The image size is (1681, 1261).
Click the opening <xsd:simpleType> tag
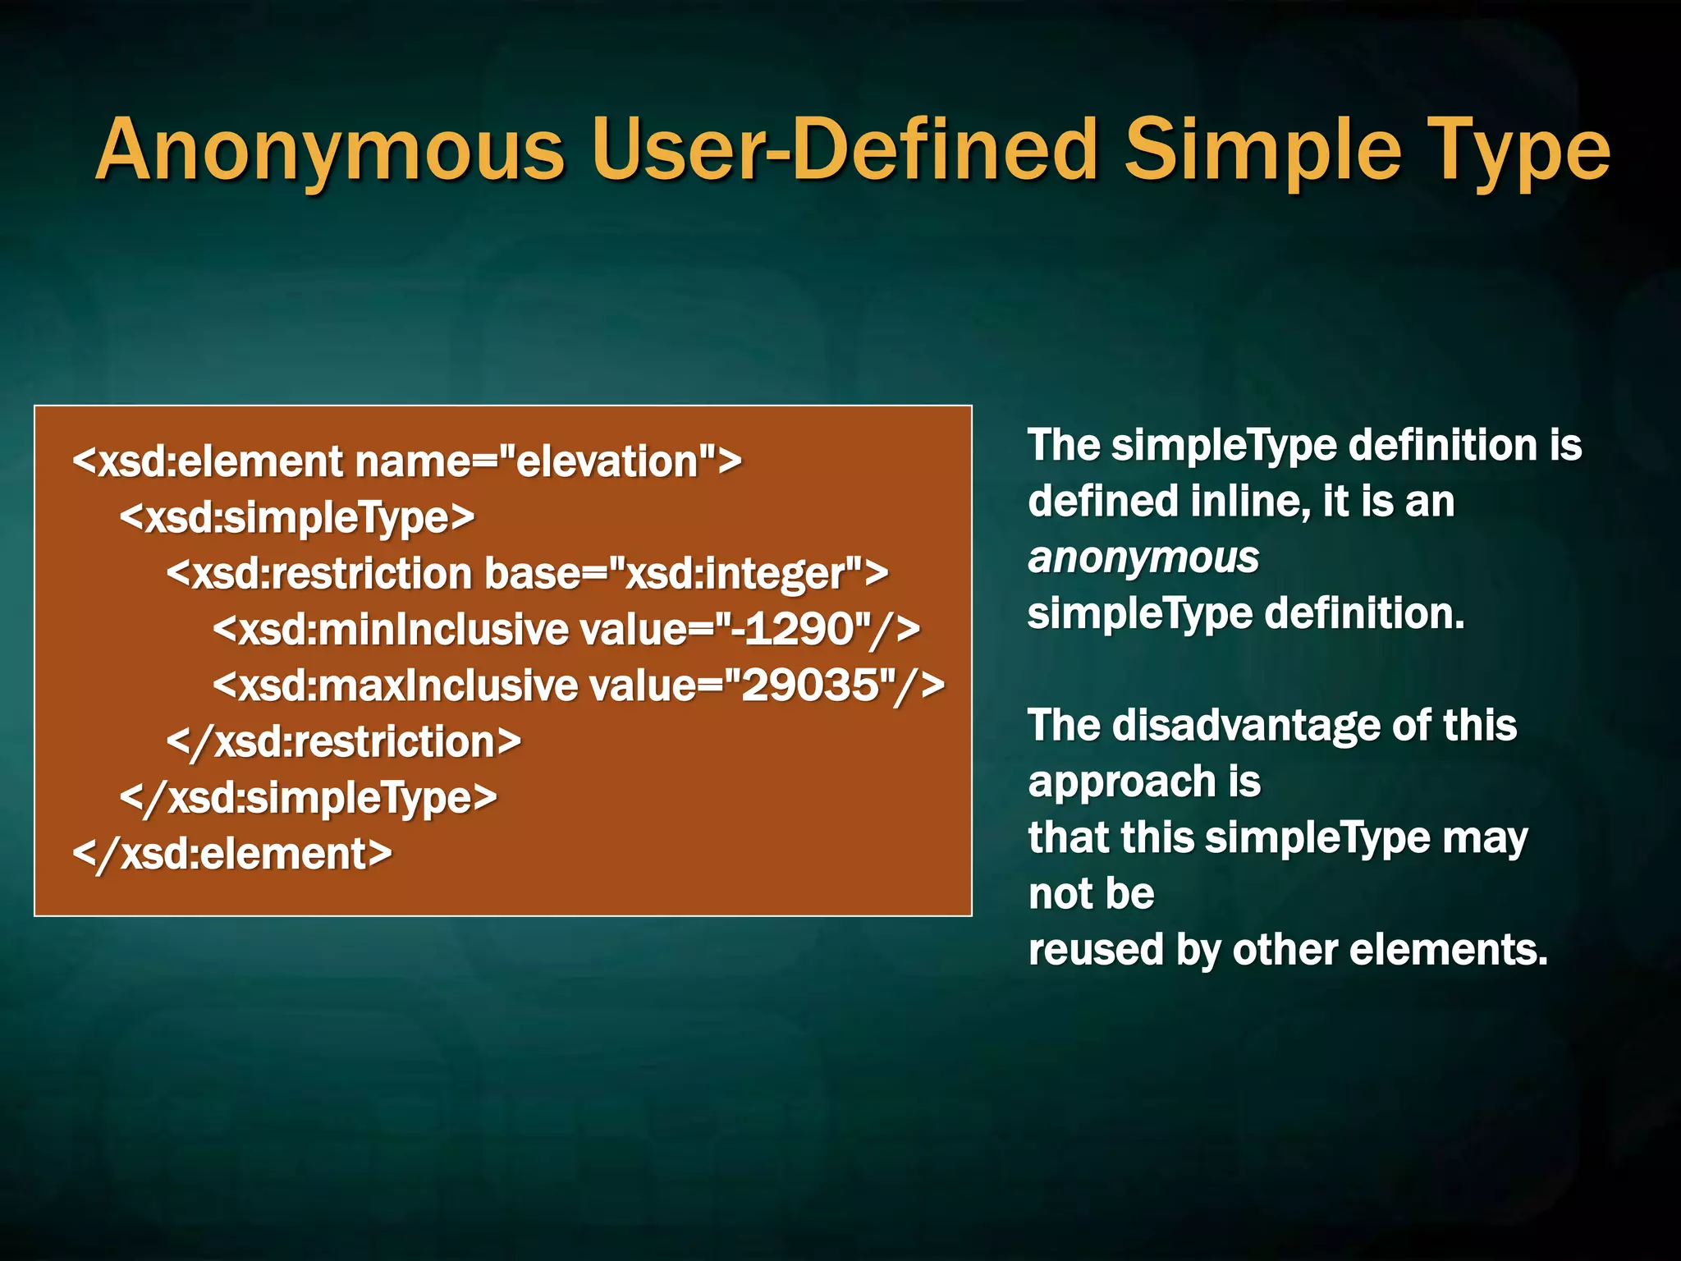[297, 518]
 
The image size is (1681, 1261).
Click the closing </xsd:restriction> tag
[343, 742]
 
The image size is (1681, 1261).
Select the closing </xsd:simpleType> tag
[309, 798]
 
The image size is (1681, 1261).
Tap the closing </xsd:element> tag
[232, 854]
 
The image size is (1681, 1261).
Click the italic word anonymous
[1143, 558]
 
